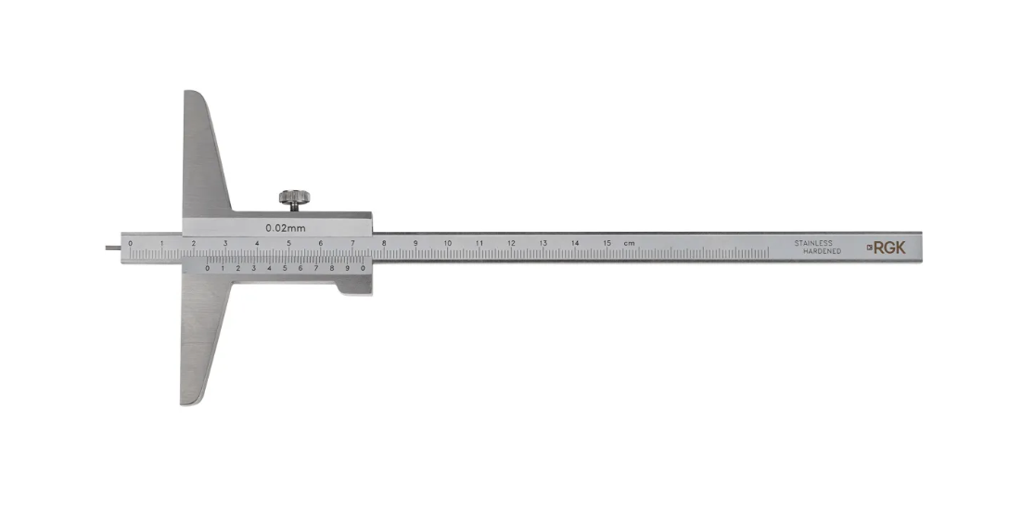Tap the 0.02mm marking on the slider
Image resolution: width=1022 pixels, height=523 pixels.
click(x=286, y=228)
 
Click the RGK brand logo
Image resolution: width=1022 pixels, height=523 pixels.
click(x=887, y=248)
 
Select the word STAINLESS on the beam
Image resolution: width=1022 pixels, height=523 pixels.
click(x=812, y=243)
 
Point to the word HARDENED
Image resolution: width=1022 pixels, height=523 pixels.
click(x=822, y=251)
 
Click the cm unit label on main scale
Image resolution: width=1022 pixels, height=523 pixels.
click(x=629, y=243)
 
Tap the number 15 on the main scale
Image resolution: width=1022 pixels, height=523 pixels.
click(x=607, y=243)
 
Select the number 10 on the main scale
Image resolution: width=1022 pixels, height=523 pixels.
click(x=448, y=243)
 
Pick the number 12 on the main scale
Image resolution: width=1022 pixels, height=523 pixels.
click(x=512, y=243)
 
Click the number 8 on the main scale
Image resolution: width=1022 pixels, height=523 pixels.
click(x=384, y=243)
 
